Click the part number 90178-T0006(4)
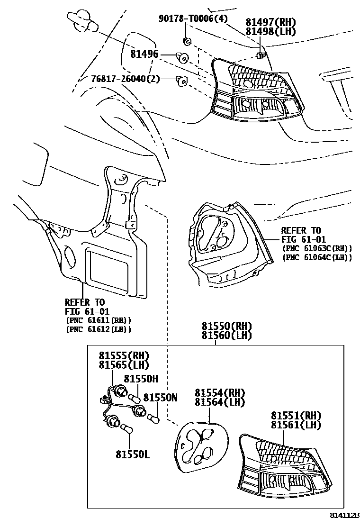(x=193, y=19)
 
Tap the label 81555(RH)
(x=124, y=356)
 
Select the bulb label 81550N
(x=161, y=398)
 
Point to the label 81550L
(x=132, y=454)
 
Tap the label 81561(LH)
(x=297, y=424)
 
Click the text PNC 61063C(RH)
(x=317, y=248)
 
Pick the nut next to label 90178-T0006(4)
(x=187, y=41)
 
